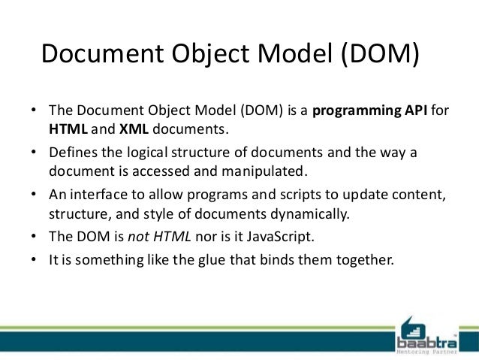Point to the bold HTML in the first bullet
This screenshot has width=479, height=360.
click(x=68, y=129)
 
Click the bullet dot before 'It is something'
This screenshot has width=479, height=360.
click(x=34, y=261)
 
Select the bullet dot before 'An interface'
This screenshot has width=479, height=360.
click(x=34, y=195)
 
